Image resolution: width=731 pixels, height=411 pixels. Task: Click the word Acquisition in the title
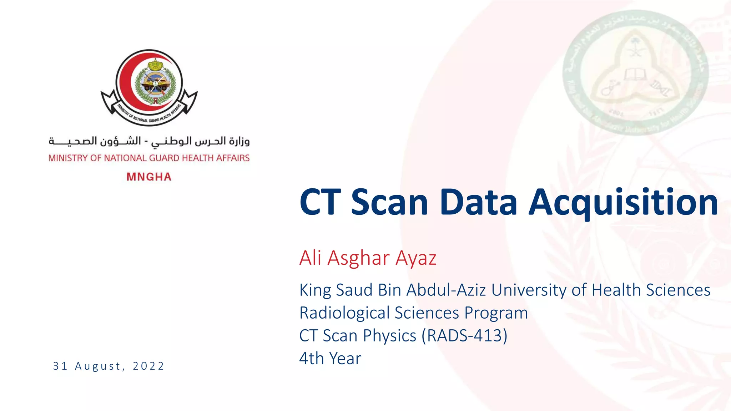[623, 202]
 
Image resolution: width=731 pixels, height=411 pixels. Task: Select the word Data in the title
[478, 202]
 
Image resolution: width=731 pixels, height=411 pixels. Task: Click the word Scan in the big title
[389, 202]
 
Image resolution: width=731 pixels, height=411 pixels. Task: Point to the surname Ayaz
[416, 258]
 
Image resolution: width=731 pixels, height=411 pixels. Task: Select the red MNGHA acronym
[149, 177]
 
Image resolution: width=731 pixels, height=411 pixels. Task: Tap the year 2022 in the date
[148, 366]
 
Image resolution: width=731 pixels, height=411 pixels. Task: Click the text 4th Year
[330, 359]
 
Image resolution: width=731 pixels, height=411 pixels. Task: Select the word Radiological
[345, 313]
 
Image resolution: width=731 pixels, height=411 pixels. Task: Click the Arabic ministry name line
[149, 141]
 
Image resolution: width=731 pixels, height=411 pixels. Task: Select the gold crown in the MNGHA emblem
[155, 65]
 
